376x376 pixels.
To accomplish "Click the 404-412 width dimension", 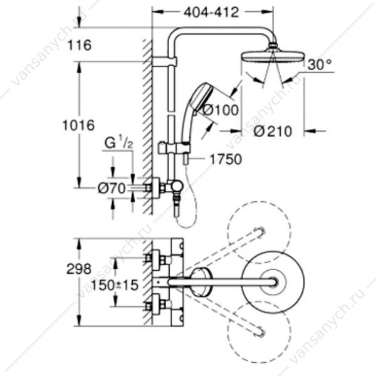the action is pyautogui.click(x=212, y=13).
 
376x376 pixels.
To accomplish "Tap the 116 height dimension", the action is pyautogui.click(x=80, y=45).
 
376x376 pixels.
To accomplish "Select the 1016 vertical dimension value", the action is pyautogui.click(x=78, y=125).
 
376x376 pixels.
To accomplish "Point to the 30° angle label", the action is pyautogui.click(x=320, y=65).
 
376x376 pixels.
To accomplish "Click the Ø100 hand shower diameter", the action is pyautogui.click(x=221, y=110).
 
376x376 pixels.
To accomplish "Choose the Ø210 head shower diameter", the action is pyautogui.click(x=273, y=132).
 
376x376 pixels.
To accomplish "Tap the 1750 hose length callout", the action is pyautogui.click(x=226, y=159).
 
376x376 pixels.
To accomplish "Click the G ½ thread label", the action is pyautogui.click(x=118, y=144).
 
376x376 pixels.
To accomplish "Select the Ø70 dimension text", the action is pyautogui.click(x=112, y=188).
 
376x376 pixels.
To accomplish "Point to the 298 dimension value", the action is pyautogui.click(x=79, y=269).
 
